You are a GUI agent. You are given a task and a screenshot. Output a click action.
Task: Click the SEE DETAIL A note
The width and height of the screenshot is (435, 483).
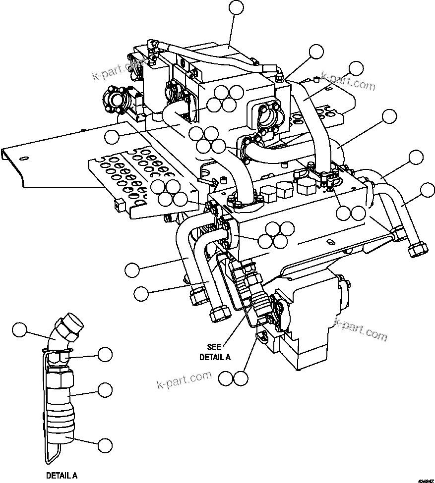pyautogui.click(x=215, y=352)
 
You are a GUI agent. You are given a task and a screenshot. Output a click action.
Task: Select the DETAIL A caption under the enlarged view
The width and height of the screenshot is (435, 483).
pyautogui.click(x=62, y=475)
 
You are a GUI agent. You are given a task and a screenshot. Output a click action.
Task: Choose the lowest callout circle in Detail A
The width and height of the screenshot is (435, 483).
pyautogui.click(x=104, y=445)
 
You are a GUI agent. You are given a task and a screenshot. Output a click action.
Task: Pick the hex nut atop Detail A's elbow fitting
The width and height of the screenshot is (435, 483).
pyautogui.click(x=68, y=328)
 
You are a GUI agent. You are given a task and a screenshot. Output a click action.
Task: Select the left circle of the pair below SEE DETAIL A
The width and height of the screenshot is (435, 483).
pyautogui.click(x=226, y=379)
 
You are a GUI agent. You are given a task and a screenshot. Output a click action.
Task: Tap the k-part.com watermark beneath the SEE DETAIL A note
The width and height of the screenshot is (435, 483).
pyautogui.click(x=184, y=381)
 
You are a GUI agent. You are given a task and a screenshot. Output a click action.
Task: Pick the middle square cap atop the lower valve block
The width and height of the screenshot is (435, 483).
pyautogui.click(x=284, y=189)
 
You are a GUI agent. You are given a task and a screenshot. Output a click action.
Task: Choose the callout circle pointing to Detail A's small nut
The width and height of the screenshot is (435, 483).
pyautogui.click(x=105, y=354)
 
